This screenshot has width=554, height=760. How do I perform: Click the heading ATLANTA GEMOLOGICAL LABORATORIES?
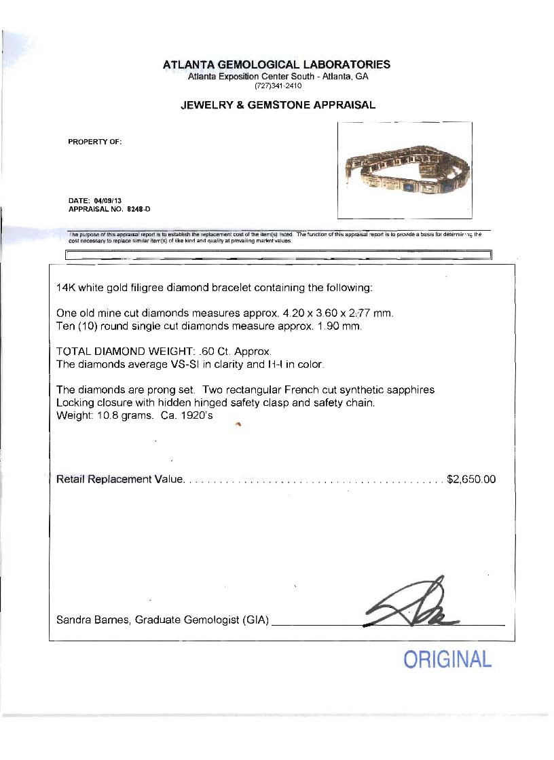point(277,65)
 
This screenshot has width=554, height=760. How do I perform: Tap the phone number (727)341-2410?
point(278,86)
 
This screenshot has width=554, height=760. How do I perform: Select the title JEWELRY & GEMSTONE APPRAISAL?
point(277,105)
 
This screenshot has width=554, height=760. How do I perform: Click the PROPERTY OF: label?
point(95,142)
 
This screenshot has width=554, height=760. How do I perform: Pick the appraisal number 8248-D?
point(138,209)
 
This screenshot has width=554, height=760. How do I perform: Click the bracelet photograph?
point(404,170)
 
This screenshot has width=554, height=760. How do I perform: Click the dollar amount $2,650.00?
point(471,479)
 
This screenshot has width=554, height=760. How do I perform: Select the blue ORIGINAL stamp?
point(447,659)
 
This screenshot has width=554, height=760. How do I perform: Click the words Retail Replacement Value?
point(119,479)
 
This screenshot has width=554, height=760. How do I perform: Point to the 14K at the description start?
point(66,287)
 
